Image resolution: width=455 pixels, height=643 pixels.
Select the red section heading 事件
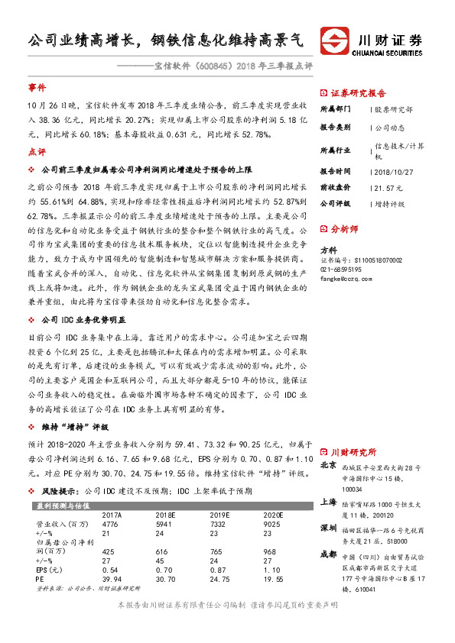tap(36, 88)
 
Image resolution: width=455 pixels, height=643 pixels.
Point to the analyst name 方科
tap(327, 250)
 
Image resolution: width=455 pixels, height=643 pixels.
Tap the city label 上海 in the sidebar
tap(328, 502)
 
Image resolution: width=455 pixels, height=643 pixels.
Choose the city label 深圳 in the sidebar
tap(328, 528)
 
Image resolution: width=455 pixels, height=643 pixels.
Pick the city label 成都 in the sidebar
tap(328, 554)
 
